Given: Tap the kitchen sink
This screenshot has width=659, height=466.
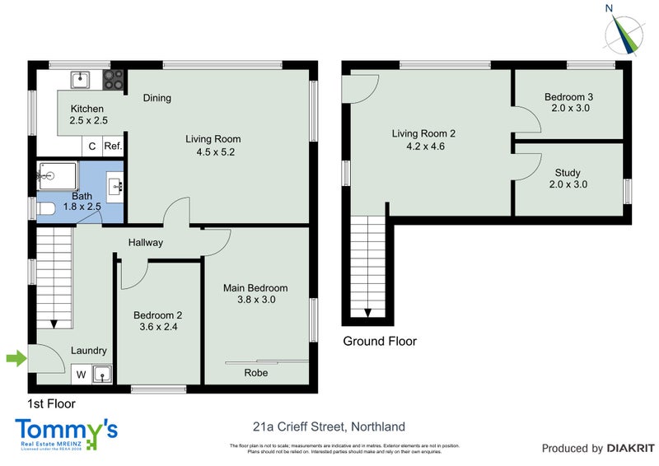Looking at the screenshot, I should tap(81, 79).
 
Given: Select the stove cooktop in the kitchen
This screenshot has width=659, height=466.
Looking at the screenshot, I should tap(113, 79).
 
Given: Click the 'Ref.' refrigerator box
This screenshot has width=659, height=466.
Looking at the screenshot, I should tap(113, 147).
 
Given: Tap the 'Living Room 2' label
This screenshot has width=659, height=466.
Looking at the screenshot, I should tap(423, 133).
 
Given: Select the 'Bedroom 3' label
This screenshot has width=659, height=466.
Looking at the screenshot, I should tap(568, 97).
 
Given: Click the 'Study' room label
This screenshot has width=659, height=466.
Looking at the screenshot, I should tap(568, 173).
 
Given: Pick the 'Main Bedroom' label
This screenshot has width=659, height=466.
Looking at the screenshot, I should tap(256, 288).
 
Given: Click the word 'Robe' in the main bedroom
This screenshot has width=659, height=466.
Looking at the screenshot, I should tap(255, 373).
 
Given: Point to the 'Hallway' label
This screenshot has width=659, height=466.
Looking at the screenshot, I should tap(145, 242).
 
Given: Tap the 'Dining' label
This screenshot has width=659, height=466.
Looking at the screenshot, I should tap(157, 98).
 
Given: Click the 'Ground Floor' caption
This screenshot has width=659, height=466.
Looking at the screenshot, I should tap(380, 341).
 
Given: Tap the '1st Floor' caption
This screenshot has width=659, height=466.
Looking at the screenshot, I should tap(52, 404).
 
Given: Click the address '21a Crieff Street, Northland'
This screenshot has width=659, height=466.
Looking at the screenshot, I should tap(329, 426).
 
